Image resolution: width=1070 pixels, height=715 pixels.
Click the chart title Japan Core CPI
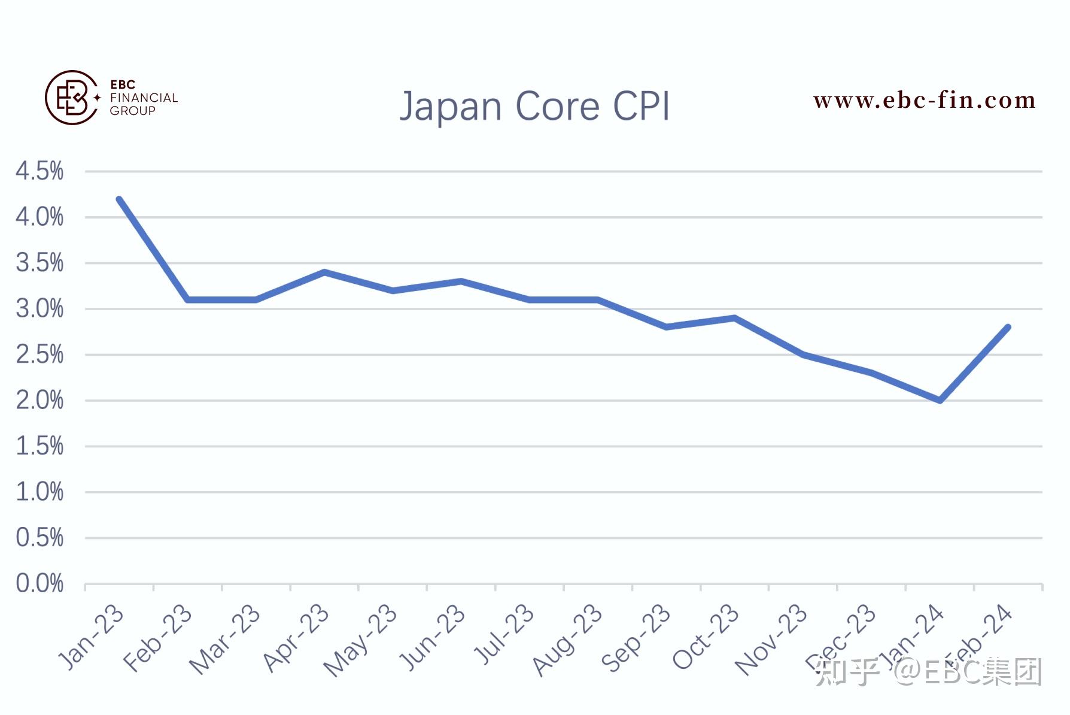534,107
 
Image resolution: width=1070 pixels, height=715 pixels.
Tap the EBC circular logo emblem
72,98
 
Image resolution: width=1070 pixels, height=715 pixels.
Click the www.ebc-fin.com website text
924,100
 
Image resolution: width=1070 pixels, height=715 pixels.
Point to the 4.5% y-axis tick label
39,171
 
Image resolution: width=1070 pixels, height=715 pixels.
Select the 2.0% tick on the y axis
39,400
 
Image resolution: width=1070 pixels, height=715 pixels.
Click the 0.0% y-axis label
39,583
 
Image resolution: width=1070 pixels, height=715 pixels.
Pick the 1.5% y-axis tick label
39,446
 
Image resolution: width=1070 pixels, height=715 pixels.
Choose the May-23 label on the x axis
360,640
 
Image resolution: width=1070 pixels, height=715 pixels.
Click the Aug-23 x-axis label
567,640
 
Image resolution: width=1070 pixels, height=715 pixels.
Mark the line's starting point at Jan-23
119,199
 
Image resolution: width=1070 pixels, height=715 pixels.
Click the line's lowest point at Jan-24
940,400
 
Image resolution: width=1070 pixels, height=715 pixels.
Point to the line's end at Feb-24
1008,328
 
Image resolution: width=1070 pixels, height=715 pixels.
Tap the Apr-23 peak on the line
324,272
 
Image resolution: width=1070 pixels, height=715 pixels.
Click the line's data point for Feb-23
187,299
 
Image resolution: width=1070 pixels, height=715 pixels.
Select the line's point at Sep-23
666,327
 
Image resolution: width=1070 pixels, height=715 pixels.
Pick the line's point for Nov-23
803,355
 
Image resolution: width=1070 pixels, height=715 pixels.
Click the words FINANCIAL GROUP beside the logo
144,104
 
